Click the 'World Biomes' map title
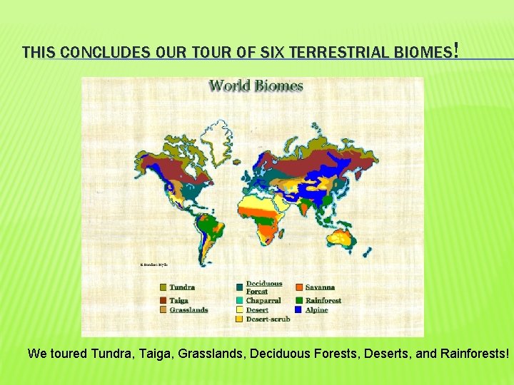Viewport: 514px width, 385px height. click(256, 86)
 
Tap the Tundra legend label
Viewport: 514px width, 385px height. click(181, 287)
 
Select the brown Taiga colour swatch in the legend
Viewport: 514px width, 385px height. click(162, 300)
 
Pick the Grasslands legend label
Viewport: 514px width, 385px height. click(188, 309)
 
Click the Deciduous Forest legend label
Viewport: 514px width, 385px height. click(263, 287)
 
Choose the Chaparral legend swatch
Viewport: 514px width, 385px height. click(239, 301)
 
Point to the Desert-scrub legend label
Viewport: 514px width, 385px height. click(268, 319)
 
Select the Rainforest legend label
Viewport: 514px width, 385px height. click(323, 300)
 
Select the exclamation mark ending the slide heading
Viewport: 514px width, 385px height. click(455, 51)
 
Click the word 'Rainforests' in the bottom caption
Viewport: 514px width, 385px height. click(472, 353)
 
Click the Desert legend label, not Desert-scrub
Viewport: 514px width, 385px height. click(257, 310)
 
